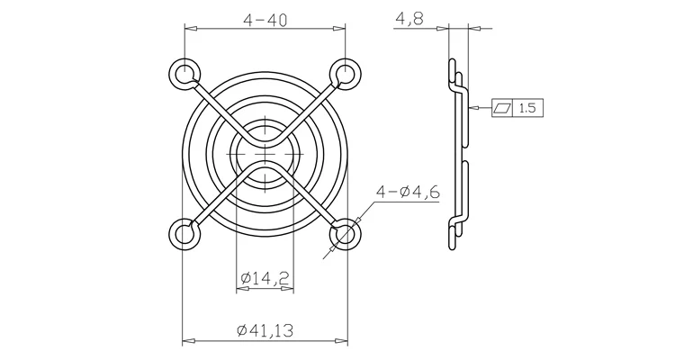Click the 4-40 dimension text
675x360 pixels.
coord(265,20)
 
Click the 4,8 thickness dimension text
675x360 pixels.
coord(409,19)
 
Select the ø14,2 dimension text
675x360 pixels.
coord(265,278)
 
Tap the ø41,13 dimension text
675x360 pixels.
coord(265,330)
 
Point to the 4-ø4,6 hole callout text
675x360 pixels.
coord(408,192)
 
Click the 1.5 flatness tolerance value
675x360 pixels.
coord(527,108)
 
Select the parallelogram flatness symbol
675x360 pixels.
coord(502,108)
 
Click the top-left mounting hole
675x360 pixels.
coord(184,74)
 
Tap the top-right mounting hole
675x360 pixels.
coord(345,74)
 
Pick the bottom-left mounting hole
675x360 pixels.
coord(184,234)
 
